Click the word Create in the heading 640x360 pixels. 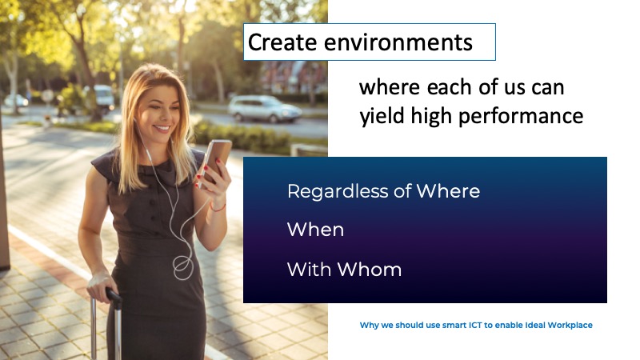click(x=282, y=42)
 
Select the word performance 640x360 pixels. click(x=521, y=116)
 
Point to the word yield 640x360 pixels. click(x=382, y=116)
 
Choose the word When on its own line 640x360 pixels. click(x=315, y=230)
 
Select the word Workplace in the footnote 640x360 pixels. click(x=570, y=326)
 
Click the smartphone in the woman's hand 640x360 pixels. click(x=216, y=161)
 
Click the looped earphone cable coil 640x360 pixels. click(x=183, y=266)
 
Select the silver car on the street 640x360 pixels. click(x=264, y=109)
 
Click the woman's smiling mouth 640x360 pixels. click(x=162, y=130)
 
